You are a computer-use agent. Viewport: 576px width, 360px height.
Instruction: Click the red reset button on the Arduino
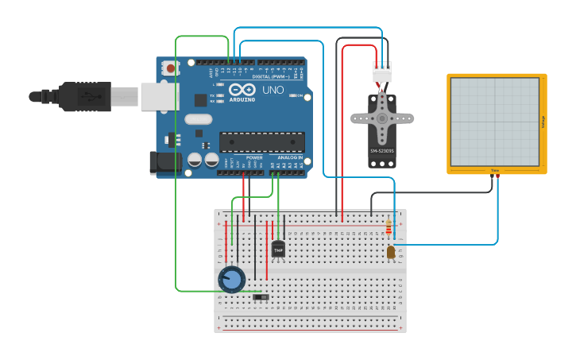click(171, 69)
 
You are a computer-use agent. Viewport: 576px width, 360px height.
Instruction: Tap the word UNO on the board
click(273, 90)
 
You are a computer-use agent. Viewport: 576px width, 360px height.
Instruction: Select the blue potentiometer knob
click(232, 279)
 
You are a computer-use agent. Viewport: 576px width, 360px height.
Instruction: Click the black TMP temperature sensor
click(278, 249)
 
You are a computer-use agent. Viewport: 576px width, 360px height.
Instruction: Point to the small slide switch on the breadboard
click(261, 297)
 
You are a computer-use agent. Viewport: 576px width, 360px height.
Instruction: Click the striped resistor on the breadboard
click(388, 228)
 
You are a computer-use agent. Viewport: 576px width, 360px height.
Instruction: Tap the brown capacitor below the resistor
click(390, 252)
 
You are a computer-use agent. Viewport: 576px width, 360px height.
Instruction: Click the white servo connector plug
click(382, 71)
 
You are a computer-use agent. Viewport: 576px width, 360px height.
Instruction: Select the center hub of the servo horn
click(382, 118)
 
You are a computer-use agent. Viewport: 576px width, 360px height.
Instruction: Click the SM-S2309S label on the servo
click(382, 151)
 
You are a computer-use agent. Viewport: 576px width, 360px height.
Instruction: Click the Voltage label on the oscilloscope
click(543, 122)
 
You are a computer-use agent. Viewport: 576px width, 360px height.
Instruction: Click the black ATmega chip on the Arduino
click(261, 141)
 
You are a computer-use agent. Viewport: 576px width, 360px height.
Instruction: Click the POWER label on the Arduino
click(254, 157)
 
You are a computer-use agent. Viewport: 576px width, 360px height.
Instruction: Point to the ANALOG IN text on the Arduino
click(290, 157)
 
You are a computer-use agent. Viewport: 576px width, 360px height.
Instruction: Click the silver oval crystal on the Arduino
click(198, 119)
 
